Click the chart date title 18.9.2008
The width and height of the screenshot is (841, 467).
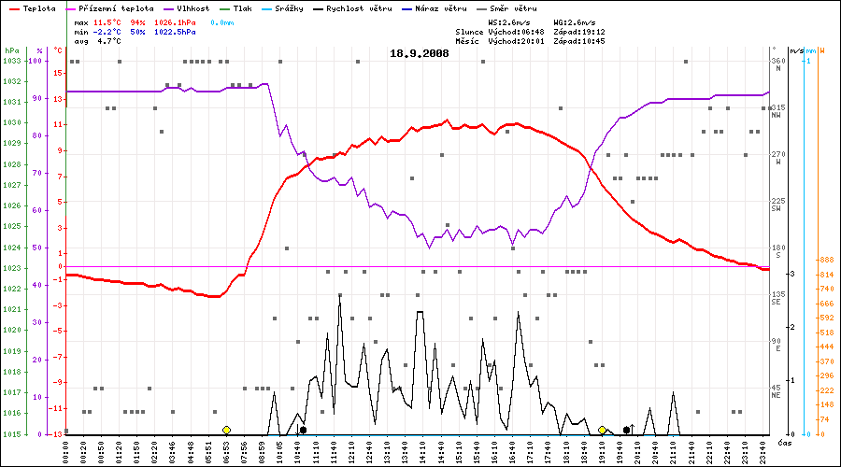(x=420, y=53)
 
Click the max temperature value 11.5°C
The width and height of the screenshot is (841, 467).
(x=109, y=21)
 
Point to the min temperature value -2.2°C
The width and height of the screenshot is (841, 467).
(x=109, y=31)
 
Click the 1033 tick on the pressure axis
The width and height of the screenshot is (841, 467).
(x=11, y=61)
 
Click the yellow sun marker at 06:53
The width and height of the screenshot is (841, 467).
(x=226, y=430)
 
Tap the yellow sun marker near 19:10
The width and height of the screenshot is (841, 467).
(x=603, y=430)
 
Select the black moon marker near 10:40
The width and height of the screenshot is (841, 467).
(x=303, y=430)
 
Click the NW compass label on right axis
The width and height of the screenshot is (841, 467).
(x=777, y=115)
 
